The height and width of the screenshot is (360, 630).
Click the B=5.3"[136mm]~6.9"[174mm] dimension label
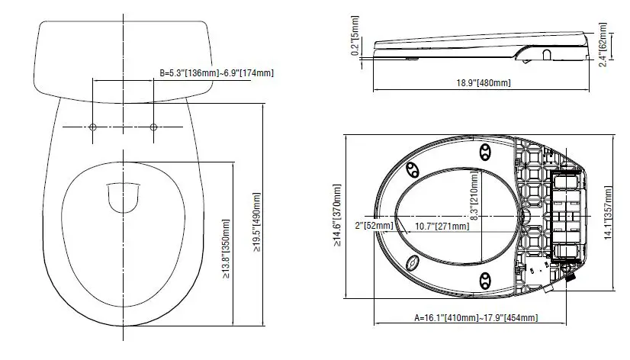(x=217, y=73)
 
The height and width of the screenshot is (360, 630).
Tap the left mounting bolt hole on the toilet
(x=93, y=127)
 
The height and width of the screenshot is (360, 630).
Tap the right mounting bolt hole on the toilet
(x=153, y=127)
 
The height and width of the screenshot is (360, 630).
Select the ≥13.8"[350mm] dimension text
(x=226, y=249)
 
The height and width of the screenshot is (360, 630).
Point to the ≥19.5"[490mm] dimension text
(x=257, y=222)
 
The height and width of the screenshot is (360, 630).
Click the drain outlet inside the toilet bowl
(x=124, y=198)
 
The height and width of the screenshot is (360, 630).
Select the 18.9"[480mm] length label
(x=484, y=83)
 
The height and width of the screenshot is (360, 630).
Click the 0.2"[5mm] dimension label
(x=355, y=36)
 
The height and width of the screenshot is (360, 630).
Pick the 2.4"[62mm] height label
(x=603, y=44)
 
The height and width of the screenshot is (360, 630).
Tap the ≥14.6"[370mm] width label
(x=336, y=215)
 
